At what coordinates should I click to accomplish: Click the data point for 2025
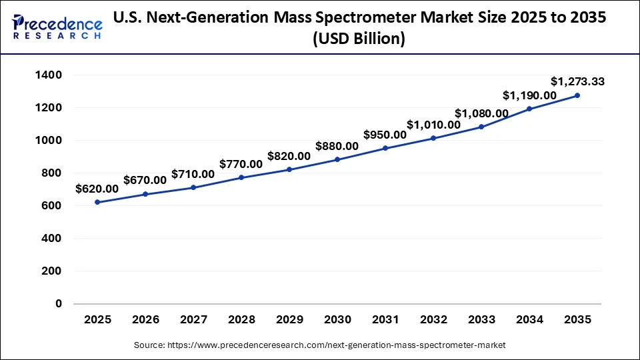97,202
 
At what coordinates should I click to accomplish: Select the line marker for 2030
337,159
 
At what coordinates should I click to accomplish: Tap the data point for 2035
577,95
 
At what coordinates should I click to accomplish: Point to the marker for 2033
481,127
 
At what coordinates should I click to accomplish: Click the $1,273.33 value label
577,82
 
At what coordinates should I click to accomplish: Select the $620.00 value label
97,189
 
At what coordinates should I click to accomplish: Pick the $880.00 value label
337,146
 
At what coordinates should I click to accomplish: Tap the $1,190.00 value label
529,95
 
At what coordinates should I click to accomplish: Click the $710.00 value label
193,174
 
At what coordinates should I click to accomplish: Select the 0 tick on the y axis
59,304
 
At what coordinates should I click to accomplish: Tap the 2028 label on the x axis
241,320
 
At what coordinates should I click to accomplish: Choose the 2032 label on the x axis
433,320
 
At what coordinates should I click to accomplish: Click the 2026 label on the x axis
145,320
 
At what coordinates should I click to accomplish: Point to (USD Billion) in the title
359,39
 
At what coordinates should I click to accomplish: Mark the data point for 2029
289,169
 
